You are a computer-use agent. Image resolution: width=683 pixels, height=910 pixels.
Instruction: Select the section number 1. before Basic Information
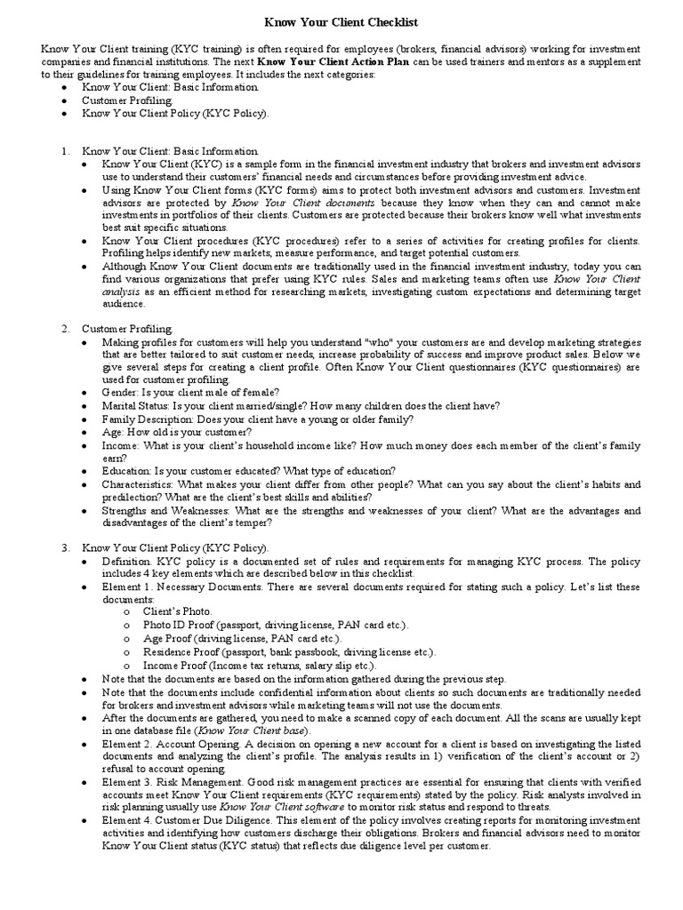tap(66, 151)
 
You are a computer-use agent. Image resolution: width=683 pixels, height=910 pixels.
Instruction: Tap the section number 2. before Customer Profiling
tap(66, 329)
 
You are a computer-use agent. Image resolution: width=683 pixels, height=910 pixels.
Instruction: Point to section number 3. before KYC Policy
tap(66, 547)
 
